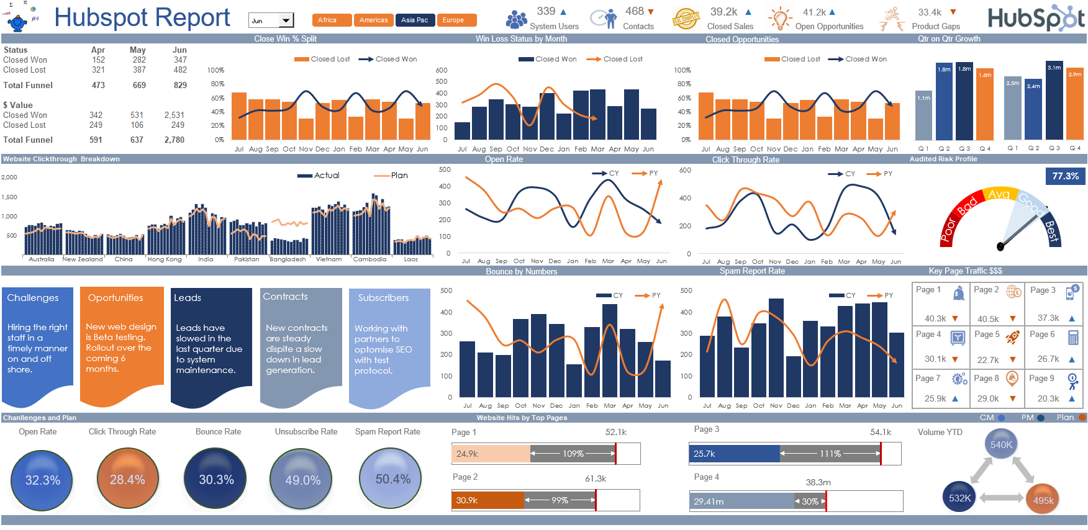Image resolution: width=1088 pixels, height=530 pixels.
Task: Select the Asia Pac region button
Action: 414,20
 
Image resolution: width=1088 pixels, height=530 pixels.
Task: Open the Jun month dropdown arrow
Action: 286,20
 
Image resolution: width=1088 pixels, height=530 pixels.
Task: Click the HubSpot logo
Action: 1036,19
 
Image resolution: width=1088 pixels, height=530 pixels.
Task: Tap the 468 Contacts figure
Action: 635,11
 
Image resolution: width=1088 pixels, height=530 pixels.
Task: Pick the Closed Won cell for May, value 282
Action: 139,60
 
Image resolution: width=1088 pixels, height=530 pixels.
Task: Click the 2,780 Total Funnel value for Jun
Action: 174,140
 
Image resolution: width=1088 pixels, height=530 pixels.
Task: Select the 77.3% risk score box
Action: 1064,176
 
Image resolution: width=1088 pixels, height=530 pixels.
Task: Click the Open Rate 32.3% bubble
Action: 42,480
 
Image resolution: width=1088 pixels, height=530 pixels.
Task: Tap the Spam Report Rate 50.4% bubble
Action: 392,478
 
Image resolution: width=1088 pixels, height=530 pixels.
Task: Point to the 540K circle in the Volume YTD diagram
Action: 1001,444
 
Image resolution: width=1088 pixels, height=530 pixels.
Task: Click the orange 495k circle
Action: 1043,500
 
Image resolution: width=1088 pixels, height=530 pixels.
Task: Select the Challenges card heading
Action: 33,298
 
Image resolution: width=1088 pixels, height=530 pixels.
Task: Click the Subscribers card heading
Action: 383,298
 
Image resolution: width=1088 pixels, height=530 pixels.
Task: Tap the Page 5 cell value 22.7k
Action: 987,360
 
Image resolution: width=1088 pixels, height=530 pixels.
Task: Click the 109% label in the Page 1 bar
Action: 573,454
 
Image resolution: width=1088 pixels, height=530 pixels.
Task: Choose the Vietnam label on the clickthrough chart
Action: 329,259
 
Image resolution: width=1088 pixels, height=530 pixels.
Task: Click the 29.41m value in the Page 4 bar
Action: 709,501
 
